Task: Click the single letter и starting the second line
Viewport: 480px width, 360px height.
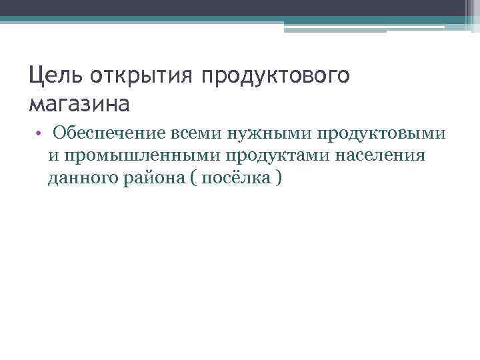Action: click(x=52, y=156)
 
